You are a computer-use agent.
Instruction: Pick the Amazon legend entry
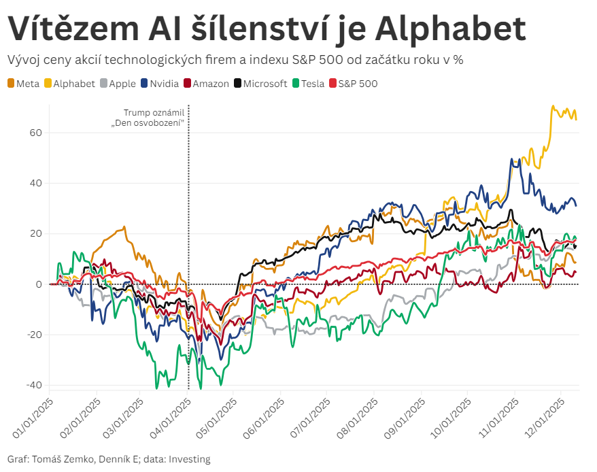pyautogui.click(x=210, y=84)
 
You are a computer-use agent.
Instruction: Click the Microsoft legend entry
pyautogui.click(x=265, y=84)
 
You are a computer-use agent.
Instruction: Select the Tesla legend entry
pyautogui.click(x=312, y=84)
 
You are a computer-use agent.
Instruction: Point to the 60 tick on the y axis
pyautogui.click(x=35, y=133)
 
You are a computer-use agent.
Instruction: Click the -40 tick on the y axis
pyautogui.click(x=33, y=385)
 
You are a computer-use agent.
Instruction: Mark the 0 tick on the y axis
pyautogui.click(x=39, y=284)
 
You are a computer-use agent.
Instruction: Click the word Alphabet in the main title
pyautogui.click(x=449, y=29)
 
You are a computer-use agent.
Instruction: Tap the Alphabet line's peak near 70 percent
pyautogui.click(x=553, y=107)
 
